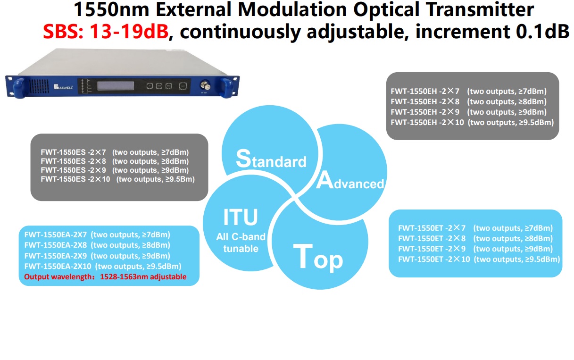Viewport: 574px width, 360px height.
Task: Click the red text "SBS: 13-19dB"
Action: coord(106,31)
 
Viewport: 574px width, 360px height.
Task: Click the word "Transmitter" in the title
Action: coord(480,9)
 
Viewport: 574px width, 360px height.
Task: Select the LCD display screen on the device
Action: coord(116,86)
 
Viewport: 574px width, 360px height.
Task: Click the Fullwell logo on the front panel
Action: coord(63,87)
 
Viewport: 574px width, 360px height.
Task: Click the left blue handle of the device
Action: coord(19,88)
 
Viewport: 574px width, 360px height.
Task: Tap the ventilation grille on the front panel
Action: coord(39,86)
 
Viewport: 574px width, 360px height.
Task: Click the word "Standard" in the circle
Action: coord(271,159)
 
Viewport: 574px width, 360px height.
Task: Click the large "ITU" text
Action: coord(241,217)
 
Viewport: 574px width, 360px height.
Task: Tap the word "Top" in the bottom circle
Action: coord(318,257)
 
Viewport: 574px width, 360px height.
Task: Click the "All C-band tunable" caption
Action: coord(241,243)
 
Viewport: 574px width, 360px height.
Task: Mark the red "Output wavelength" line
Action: coord(105,277)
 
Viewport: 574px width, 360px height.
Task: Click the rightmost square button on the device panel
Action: coord(183,86)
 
